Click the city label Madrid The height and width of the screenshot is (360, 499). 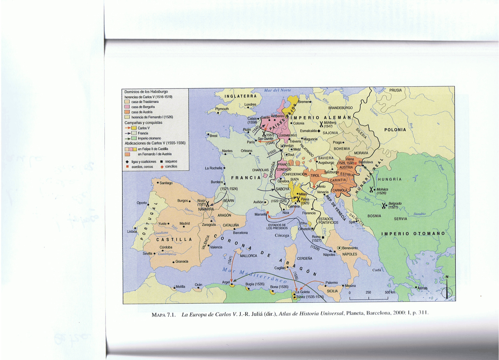point(184,223)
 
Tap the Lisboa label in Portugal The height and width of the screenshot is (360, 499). point(132,231)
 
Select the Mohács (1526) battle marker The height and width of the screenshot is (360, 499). point(371,189)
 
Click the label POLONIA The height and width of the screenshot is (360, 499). point(395,130)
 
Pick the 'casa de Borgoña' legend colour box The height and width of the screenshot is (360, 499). point(127,107)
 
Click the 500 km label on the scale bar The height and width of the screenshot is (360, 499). point(390,293)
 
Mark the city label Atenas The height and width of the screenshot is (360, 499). point(422,288)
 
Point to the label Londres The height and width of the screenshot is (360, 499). point(250,105)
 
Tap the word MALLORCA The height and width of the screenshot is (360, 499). point(248,256)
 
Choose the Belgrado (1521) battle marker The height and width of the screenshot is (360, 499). point(384,205)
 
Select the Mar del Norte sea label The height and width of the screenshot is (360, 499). point(278,90)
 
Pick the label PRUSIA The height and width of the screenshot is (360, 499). point(395,90)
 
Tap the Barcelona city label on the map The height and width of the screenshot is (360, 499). point(240,232)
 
